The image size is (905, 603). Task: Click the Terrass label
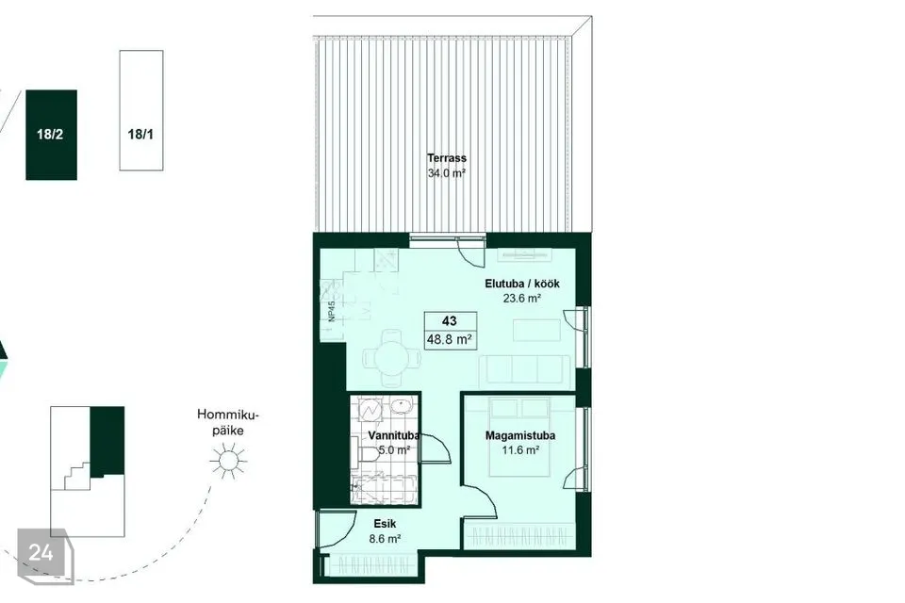447,158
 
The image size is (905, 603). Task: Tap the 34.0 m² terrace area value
447,173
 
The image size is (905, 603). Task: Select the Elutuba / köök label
521,284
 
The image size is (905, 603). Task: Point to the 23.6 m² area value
521,299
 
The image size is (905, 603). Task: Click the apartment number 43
450,321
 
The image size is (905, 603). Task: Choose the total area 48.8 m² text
450,340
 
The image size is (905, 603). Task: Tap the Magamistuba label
520,435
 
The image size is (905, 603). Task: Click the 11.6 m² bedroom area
520,450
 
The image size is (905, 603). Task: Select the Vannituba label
392,435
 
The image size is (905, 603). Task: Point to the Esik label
385,524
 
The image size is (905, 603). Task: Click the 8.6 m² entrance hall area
385,539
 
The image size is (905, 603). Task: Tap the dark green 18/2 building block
51,135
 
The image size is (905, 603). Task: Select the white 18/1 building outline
141,110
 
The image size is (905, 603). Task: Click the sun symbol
228,461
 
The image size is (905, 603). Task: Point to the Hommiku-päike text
228,422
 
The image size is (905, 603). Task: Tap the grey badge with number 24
45,555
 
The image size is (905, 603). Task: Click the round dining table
392,358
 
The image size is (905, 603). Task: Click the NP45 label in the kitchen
331,312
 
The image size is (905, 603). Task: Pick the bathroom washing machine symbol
369,409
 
